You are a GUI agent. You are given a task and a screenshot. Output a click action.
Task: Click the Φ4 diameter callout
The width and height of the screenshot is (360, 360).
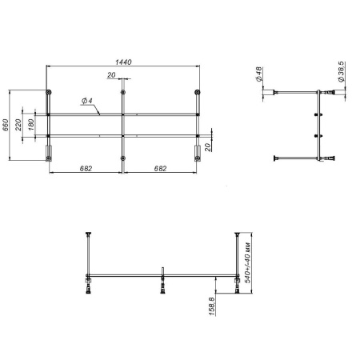click(86, 102)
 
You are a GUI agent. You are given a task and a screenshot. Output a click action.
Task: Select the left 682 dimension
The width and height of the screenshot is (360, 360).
click(85, 168)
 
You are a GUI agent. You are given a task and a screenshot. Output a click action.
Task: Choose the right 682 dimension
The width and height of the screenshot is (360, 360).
click(159, 168)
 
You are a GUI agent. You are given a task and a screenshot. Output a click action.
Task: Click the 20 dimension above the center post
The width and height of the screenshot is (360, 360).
click(110, 75)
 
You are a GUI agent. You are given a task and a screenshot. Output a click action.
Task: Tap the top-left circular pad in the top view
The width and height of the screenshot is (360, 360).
click(50, 94)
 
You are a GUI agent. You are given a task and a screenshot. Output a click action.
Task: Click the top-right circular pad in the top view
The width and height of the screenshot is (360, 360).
click(197, 94)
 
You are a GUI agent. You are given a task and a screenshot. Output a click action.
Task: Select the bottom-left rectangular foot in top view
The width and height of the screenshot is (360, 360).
click(50, 158)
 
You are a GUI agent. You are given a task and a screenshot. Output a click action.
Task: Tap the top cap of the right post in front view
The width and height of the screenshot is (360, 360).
click(237, 234)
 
